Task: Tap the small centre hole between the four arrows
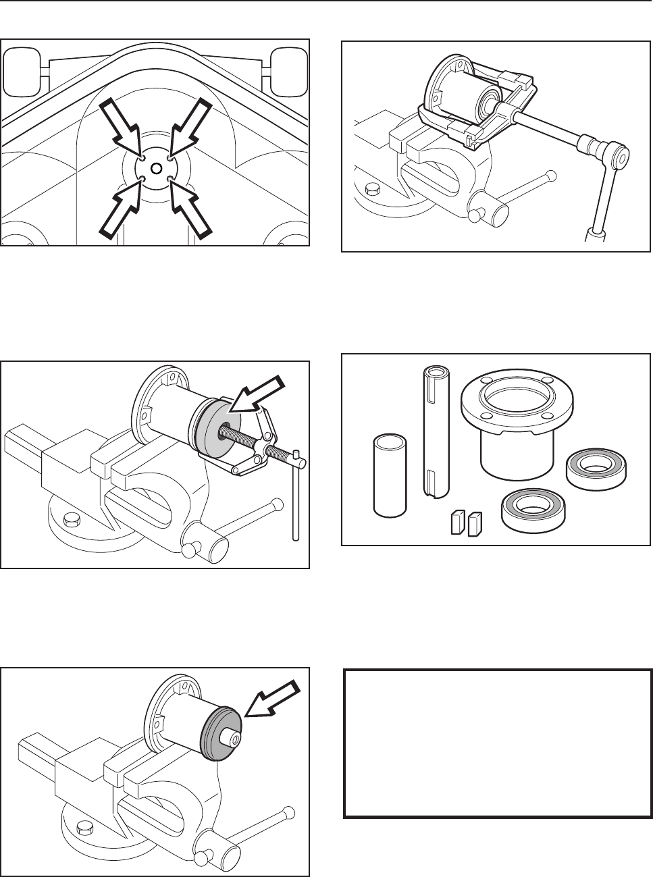pyautogui.click(x=156, y=167)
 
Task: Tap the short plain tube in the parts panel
pyautogui.click(x=390, y=475)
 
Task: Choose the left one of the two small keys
pyautogui.click(x=456, y=522)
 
